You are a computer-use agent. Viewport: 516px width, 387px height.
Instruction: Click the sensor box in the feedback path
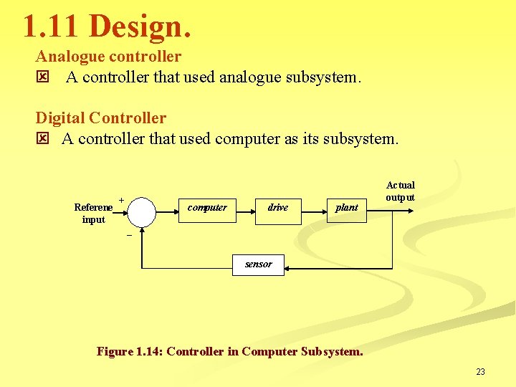pos(259,264)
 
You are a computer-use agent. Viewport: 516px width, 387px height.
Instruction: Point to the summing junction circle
pos(143,211)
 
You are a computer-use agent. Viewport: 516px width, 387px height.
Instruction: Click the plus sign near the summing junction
pos(121,200)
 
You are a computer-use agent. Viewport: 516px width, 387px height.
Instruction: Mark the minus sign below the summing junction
pos(129,235)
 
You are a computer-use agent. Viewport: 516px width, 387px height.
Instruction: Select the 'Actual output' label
pos(400,191)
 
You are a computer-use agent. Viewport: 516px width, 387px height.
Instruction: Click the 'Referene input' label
pos(93,214)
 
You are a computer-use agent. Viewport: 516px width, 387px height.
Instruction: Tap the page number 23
pos(480,371)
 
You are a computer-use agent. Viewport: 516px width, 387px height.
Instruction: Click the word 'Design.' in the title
pos(141,27)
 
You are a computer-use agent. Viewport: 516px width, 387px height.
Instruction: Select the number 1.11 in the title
pos(52,27)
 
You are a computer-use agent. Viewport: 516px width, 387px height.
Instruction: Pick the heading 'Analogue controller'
pos(108,56)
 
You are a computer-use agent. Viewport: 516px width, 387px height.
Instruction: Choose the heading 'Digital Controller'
pos(101,118)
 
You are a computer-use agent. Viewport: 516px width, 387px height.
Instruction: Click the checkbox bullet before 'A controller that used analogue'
pos(42,77)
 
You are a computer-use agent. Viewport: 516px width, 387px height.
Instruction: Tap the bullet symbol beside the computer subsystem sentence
pos(42,138)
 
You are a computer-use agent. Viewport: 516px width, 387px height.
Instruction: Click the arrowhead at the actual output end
pos(411,210)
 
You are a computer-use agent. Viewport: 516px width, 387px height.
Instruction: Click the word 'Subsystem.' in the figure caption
pos(332,351)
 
